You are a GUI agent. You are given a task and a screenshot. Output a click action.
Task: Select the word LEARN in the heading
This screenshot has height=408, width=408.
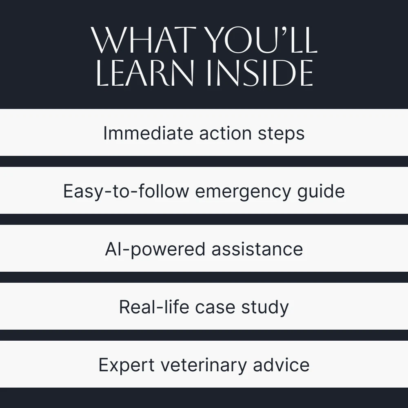point(145,73)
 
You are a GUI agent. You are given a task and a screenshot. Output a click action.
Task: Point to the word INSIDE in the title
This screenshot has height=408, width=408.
point(259,73)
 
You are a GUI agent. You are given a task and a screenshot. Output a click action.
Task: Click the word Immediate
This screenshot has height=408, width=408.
point(149,133)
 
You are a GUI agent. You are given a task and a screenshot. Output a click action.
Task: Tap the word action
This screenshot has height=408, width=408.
point(225,133)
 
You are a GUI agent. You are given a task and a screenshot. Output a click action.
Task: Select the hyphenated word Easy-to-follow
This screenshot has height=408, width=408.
point(126,192)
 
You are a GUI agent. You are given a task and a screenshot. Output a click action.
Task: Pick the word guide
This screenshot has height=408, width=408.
point(322,192)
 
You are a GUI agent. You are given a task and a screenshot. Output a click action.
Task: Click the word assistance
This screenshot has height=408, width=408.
point(257,249)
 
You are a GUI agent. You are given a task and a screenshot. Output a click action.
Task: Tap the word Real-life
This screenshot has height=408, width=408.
point(154,307)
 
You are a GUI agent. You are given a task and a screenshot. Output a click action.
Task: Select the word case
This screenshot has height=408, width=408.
point(215,308)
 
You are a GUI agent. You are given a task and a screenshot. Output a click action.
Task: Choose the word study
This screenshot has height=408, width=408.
point(265,308)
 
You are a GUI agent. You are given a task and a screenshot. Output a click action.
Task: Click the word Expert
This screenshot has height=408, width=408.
point(126,365)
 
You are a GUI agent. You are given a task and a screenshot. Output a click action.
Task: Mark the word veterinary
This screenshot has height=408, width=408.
point(204,365)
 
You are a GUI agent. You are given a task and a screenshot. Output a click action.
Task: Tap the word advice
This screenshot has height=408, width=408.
point(281,364)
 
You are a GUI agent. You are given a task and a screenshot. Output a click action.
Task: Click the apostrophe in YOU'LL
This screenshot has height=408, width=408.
point(286,32)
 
